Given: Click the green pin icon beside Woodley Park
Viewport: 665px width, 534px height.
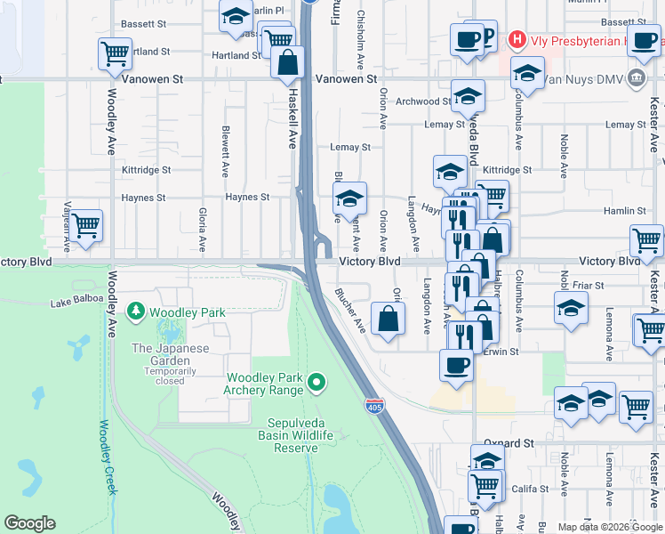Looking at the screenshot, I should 136,312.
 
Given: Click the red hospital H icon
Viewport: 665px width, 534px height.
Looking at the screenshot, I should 515,40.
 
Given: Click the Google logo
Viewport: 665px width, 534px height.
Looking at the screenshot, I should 29,523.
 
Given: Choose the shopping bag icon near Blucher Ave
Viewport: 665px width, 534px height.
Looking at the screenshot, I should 389,318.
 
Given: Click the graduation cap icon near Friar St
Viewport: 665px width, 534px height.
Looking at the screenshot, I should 571,309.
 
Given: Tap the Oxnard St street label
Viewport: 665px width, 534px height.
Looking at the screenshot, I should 509,442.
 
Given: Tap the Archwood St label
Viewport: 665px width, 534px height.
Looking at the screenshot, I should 422,101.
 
